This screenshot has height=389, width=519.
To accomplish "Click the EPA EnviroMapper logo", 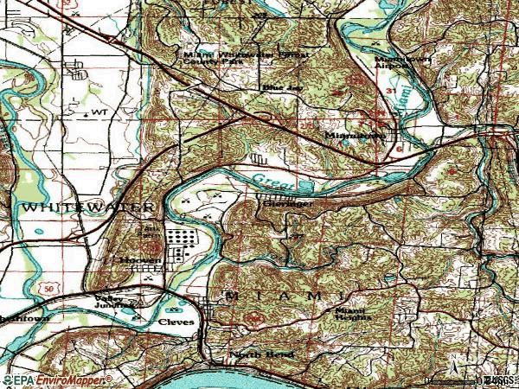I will [56, 380].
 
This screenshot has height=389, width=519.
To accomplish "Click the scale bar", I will [450, 381].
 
